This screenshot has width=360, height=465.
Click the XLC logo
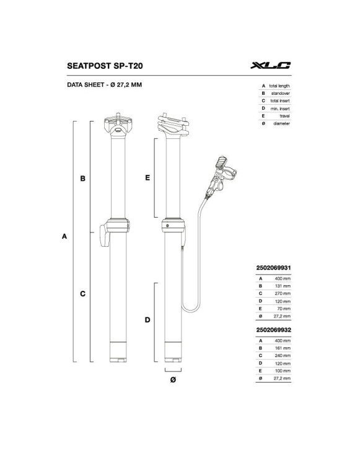[271, 65]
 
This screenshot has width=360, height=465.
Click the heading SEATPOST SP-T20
[105, 66]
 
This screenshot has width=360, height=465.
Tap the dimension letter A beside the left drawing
[64, 236]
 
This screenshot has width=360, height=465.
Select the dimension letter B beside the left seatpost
[82, 178]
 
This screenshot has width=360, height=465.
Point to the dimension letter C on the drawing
[82, 294]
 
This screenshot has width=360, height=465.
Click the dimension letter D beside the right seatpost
[147, 320]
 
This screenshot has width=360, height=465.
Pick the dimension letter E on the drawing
[147, 178]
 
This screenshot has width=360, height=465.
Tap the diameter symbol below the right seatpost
[173, 379]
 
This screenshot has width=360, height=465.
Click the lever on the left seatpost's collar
[104, 236]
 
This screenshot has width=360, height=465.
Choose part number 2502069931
[273, 268]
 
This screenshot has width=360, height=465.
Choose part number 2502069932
[273, 330]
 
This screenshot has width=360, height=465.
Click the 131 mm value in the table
[283, 286]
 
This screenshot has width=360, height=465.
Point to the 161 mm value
[283, 348]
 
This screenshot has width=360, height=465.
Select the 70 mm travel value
[284, 309]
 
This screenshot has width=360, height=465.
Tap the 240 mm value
[283, 356]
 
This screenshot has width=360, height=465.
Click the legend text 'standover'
[280, 94]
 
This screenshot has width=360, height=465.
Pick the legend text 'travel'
[284, 116]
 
